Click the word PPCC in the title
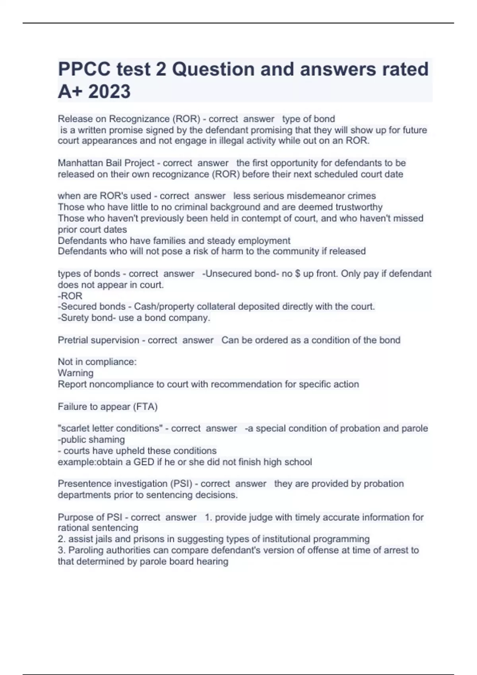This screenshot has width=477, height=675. [84, 69]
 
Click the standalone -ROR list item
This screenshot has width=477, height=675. [70, 296]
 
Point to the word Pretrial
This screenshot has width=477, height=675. [72, 340]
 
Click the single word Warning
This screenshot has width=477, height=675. [76, 373]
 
